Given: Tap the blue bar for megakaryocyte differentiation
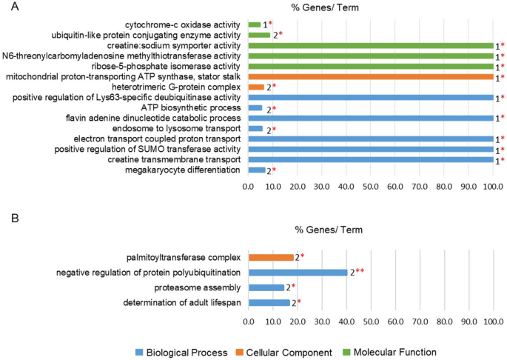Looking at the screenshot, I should (x=257, y=170).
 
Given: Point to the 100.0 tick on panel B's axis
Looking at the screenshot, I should (x=493, y=321).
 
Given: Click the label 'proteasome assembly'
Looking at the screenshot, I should (x=198, y=287).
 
